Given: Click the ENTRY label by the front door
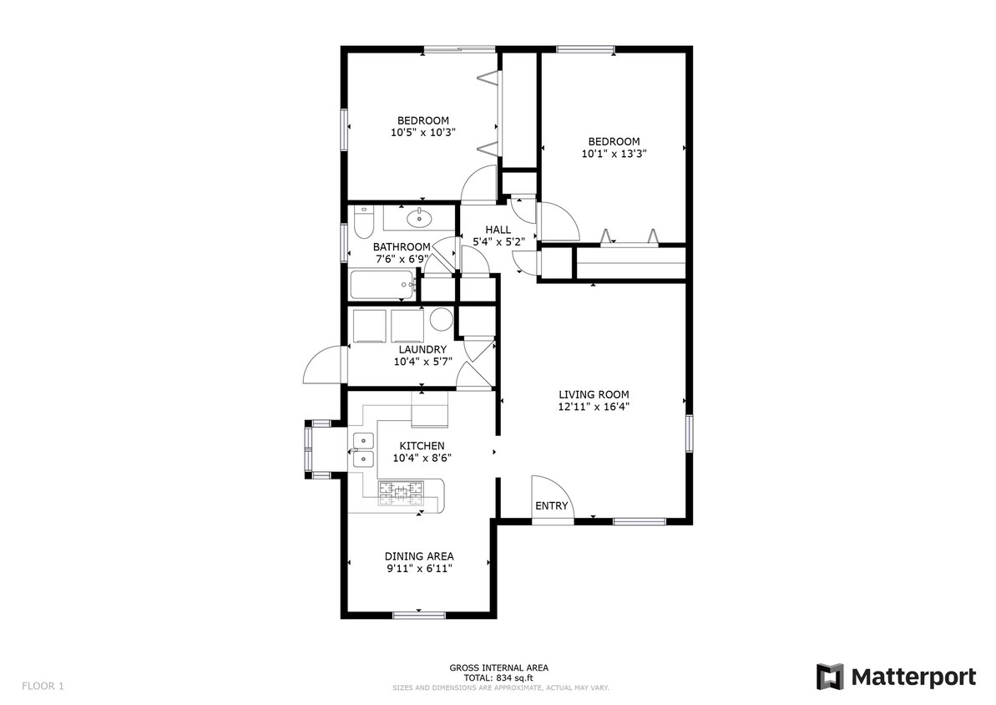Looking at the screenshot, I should click(x=551, y=506).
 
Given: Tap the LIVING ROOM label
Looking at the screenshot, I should click(x=594, y=395).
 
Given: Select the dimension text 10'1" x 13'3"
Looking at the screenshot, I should click(x=614, y=154).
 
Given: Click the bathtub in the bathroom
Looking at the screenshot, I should click(x=383, y=286).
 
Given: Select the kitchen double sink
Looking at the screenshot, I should click(x=362, y=449).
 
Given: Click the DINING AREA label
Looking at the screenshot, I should click(x=419, y=556).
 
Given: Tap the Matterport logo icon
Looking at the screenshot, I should click(x=830, y=676).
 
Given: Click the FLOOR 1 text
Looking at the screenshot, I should click(x=43, y=687).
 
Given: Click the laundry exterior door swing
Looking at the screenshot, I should click(x=323, y=367).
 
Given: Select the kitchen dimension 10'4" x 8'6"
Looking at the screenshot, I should click(x=421, y=458).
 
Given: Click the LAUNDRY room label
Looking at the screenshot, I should click(x=422, y=349).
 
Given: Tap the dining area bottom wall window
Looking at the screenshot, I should click(x=419, y=616).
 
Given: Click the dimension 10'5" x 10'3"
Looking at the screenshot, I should click(x=422, y=132).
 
